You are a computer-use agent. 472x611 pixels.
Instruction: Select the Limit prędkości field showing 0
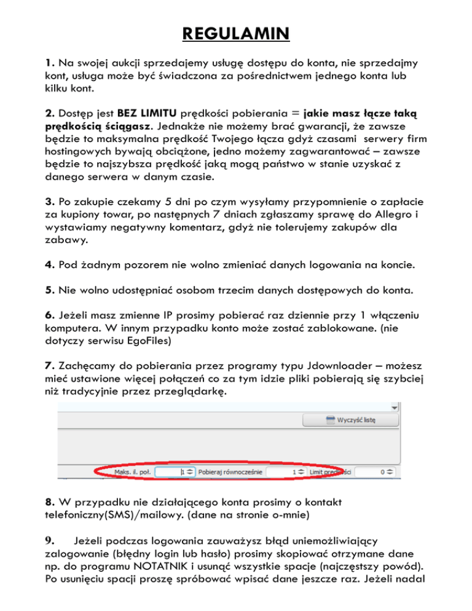click(x=376, y=471)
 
